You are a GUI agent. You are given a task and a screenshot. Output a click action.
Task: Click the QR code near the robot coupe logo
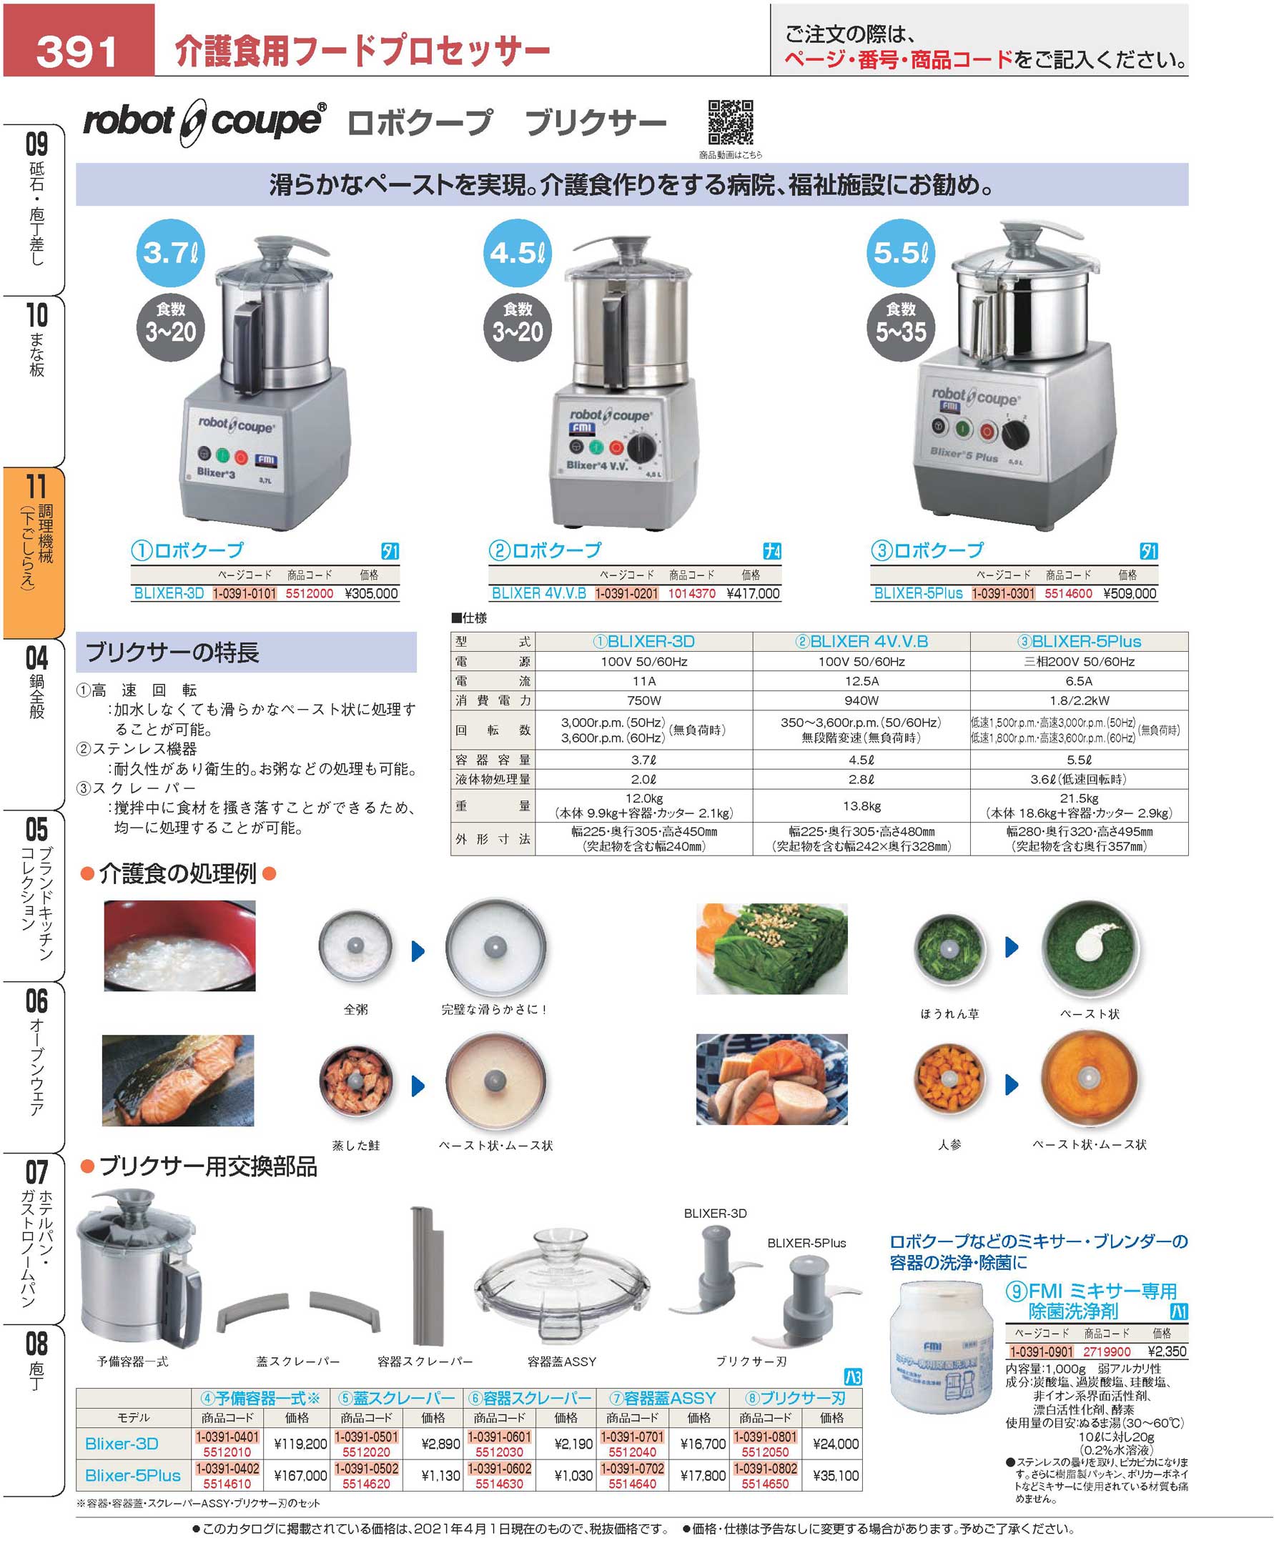click(730, 122)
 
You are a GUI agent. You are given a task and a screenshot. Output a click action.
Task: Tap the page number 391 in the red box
click(77, 51)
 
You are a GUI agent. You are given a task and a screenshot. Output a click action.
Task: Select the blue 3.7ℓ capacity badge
click(170, 253)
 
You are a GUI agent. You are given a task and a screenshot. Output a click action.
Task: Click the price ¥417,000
click(753, 593)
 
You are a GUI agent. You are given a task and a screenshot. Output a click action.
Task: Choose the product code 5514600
click(1069, 593)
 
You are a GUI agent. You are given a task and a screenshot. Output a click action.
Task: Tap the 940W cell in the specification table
click(861, 700)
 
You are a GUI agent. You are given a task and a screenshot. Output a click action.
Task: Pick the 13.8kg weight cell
click(861, 805)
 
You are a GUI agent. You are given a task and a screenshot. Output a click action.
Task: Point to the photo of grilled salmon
click(177, 1080)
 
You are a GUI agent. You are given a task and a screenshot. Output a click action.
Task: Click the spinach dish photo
click(771, 948)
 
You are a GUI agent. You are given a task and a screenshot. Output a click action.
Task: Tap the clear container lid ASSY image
click(561, 1286)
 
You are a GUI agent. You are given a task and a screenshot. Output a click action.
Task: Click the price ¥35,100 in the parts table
click(836, 1475)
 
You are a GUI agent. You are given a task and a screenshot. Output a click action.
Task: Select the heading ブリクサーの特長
click(172, 653)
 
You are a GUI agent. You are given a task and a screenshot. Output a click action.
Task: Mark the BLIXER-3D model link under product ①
click(169, 593)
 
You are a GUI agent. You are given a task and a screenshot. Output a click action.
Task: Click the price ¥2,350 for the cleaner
click(1167, 1351)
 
